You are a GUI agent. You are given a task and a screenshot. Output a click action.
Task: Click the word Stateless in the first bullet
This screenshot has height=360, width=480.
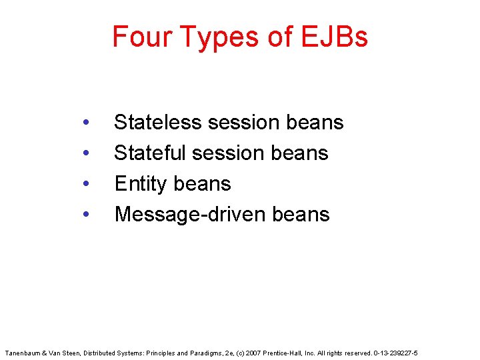click(x=157, y=122)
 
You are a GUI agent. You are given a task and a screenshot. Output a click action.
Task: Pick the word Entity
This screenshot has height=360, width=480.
click(x=140, y=184)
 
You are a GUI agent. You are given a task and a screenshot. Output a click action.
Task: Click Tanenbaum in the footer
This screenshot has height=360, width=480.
click(x=23, y=351)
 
